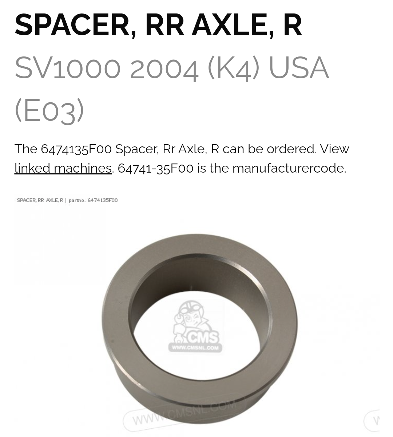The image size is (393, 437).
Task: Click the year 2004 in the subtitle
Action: tap(164, 68)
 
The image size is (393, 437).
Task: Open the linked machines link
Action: tap(63, 168)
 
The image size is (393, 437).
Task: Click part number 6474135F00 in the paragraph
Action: tap(76, 149)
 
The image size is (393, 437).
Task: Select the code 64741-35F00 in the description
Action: tap(155, 168)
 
